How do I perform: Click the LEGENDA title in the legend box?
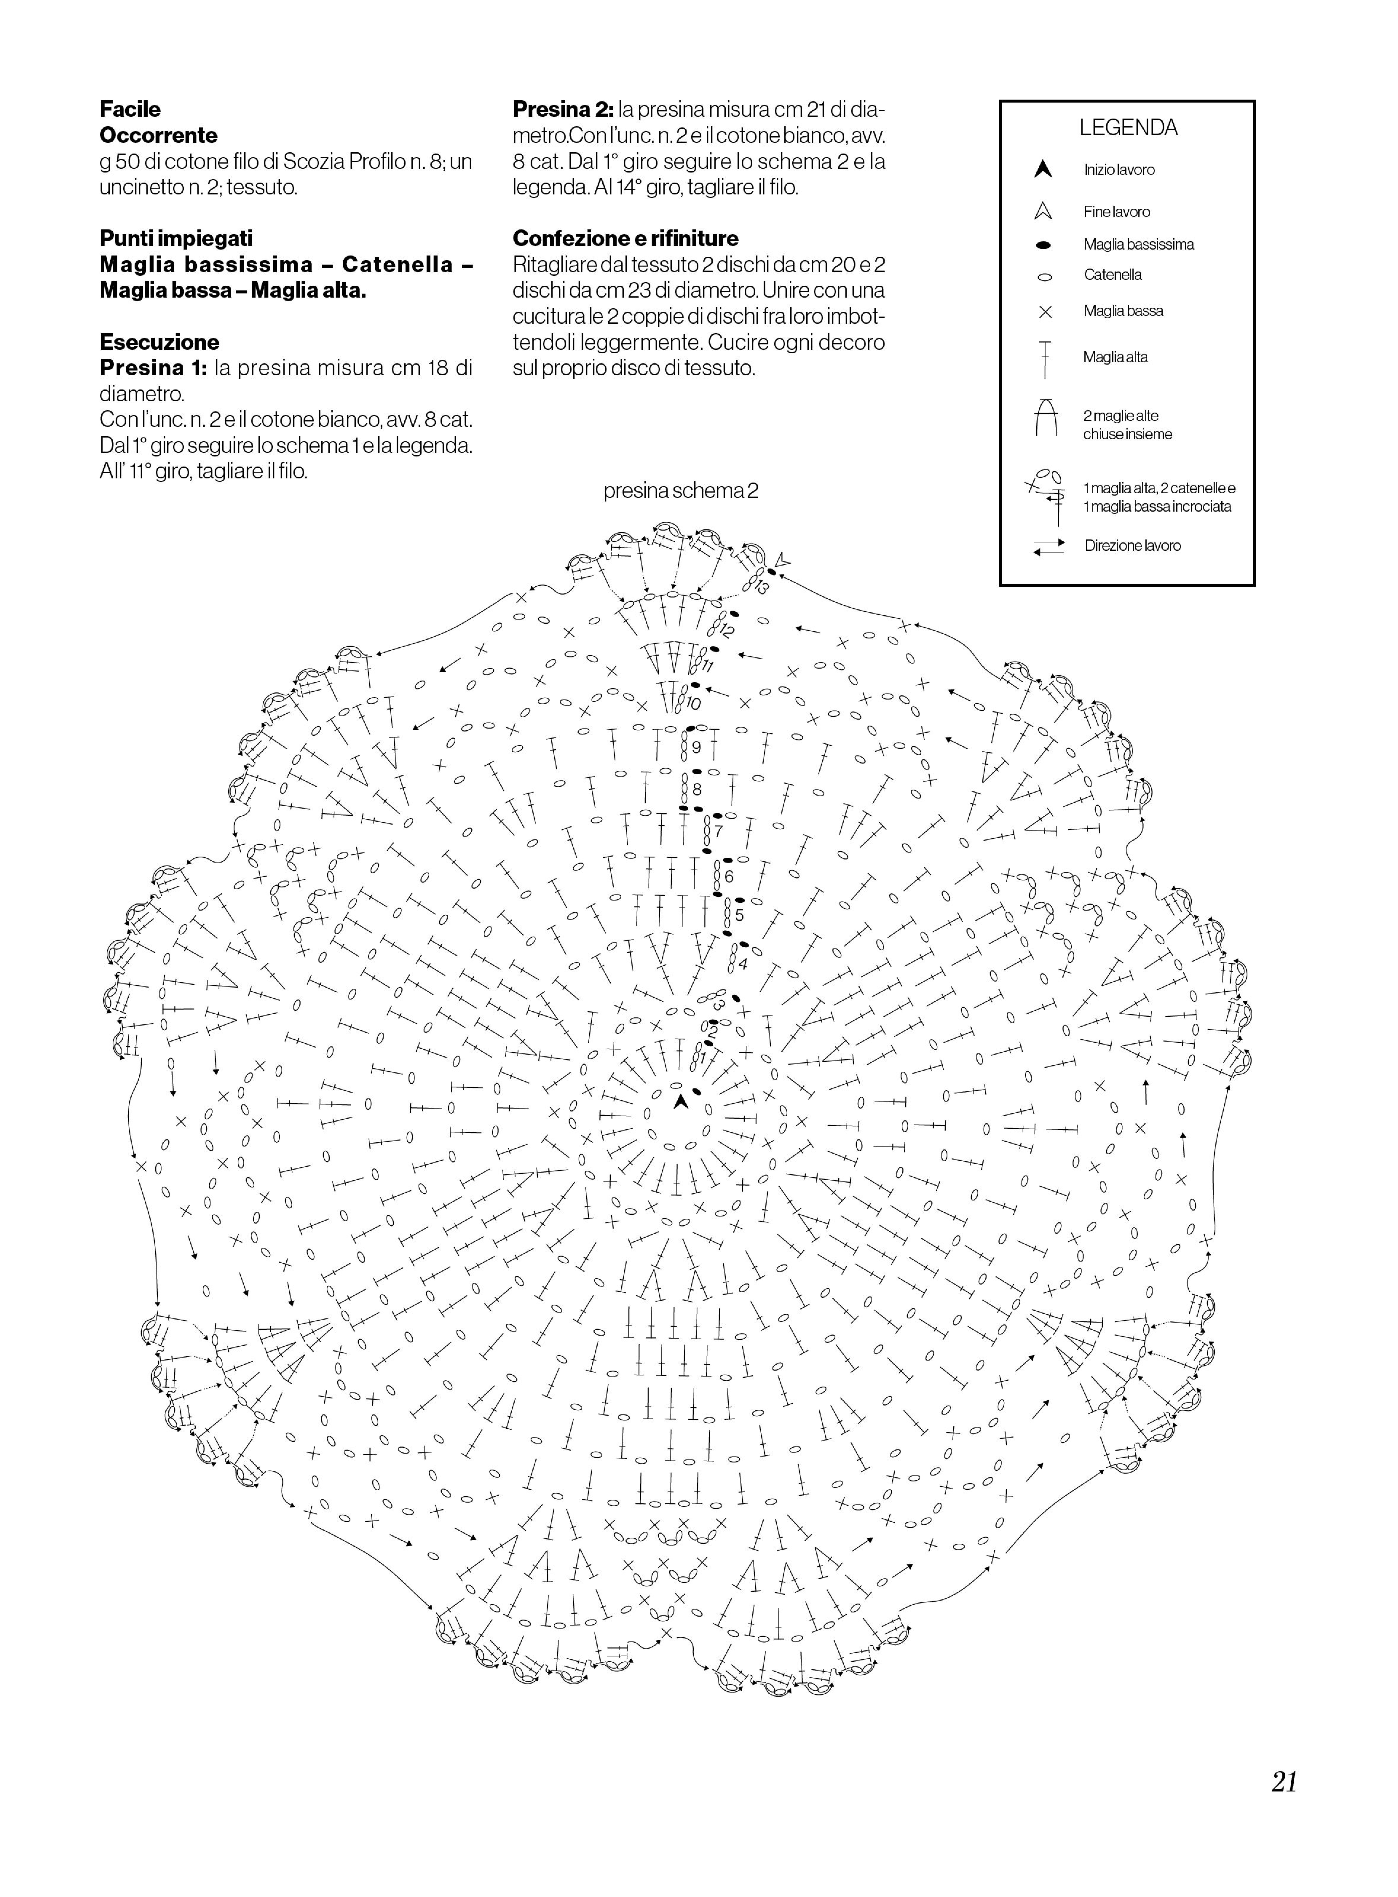(1128, 128)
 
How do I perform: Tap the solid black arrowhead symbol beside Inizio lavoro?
(1043, 169)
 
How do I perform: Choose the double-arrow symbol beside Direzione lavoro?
(1048, 547)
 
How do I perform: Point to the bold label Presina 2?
(563, 109)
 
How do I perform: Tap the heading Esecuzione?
(159, 342)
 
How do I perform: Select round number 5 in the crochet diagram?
(739, 916)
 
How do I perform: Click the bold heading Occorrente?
(158, 135)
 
